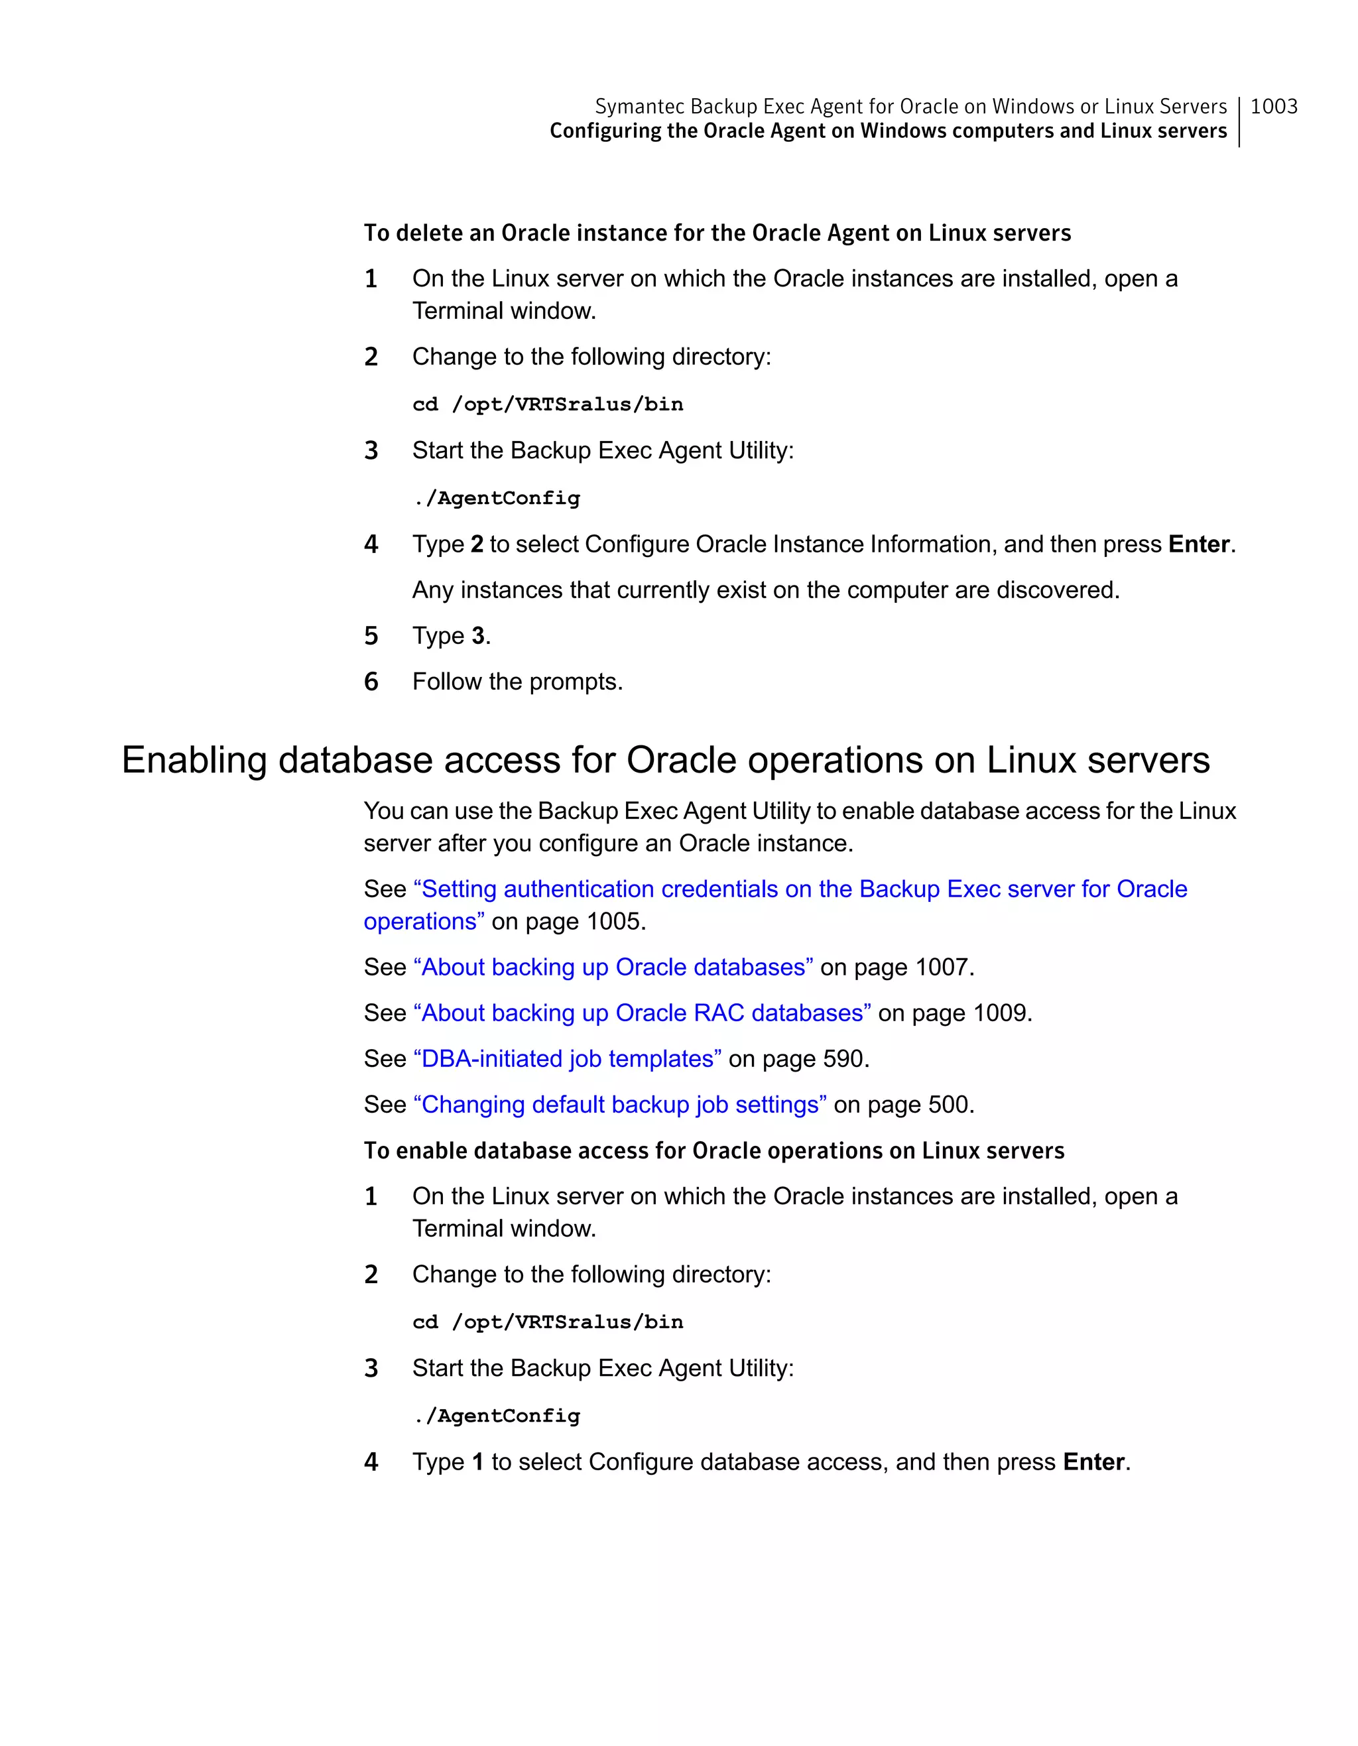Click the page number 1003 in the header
pos(1273,106)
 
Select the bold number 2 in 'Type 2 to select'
pos(477,544)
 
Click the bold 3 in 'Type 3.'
pos(478,637)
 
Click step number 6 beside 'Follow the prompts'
pos(371,682)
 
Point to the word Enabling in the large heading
pos(194,761)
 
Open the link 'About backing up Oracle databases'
pos(613,967)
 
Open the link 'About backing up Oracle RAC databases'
pos(642,1013)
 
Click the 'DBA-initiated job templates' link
pos(568,1059)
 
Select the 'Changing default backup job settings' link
pos(619,1105)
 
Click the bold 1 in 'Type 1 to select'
pos(478,1462)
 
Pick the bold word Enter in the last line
pos(1093,1462)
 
